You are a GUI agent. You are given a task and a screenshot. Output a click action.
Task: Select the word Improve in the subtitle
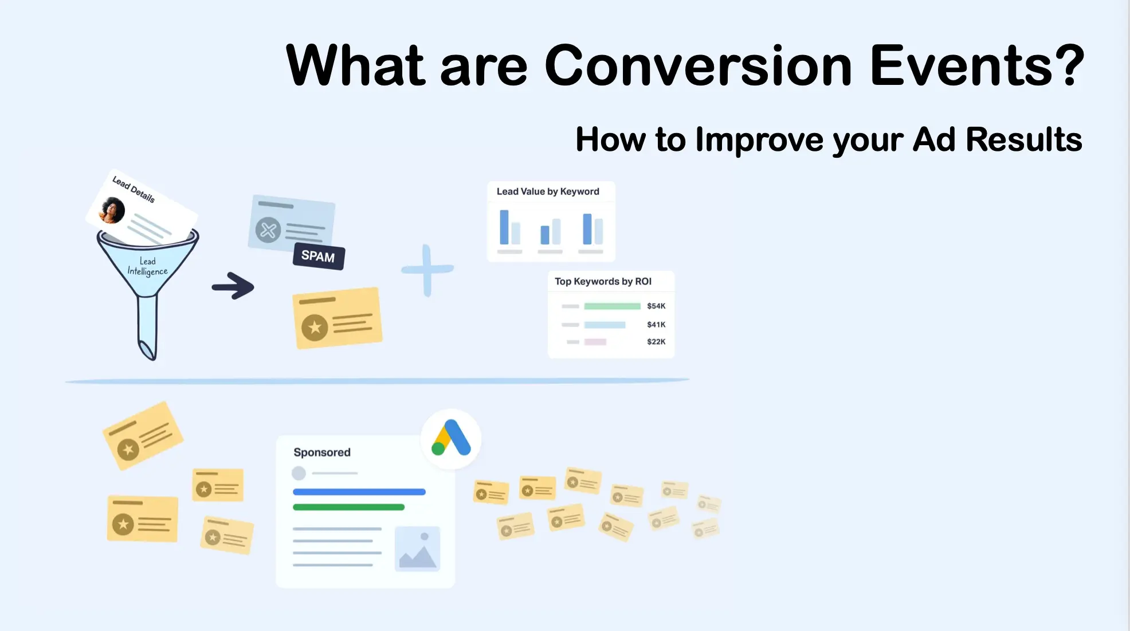(x=759, y=140)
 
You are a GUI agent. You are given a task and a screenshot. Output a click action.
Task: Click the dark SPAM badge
(x=319, y=256)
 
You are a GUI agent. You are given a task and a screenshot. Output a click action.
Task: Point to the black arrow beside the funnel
(x=233, y=286)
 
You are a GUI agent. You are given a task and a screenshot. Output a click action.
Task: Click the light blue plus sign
(x=427, y=270)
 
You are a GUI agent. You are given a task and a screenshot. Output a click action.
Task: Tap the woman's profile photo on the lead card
(x=112, y=210)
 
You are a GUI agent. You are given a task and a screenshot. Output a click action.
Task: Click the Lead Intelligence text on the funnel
(x=148, y=266)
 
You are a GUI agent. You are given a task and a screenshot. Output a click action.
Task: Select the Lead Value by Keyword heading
(x=548, y=192)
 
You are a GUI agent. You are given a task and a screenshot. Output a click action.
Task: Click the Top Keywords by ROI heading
(x=603, y=282)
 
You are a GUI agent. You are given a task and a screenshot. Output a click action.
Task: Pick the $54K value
(x=656, y=306)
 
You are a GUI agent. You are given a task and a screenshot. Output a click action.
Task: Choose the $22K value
(x=656, y=342)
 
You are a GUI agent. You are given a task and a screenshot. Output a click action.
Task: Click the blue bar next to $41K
(x=605, y=325)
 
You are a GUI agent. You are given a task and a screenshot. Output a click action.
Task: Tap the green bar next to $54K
(x=612, y=306)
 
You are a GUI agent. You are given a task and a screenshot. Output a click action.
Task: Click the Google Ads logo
(x=451, y=438)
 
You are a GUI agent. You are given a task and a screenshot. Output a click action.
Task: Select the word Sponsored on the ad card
(x=322, y=453)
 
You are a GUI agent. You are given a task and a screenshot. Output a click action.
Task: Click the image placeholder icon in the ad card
(x=418, y=549)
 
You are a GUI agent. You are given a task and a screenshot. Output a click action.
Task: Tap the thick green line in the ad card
(x=348, y=507)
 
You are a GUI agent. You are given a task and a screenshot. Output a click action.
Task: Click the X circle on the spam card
(x=268, y=231)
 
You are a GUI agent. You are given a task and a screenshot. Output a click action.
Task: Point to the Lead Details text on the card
(x=134, y=189)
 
